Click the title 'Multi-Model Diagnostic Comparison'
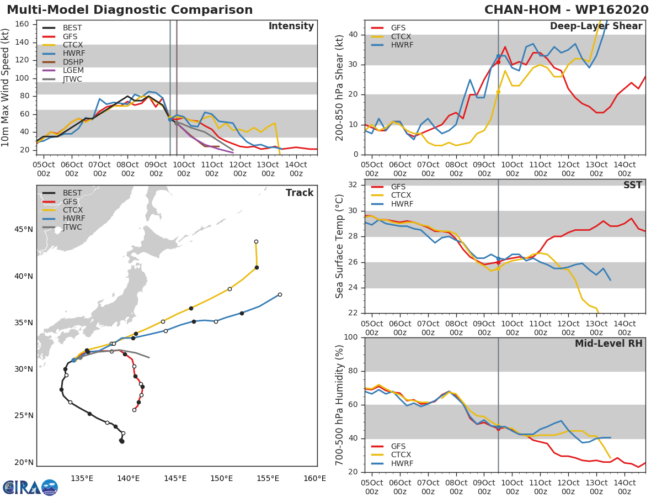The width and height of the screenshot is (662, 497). pyautogui.click(x=130, y=10)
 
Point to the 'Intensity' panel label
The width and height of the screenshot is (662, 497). pyautogui.click(x=291, y=27)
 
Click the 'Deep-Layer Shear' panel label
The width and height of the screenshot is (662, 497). pyautogui.click(x=596, y=27)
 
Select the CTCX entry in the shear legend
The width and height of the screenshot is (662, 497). pyautogui.click(x=400, y=36)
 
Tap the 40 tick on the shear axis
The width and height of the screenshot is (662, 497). pyautogui.click(x=354, y=35)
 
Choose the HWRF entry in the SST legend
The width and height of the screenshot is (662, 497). pyautogui.click(x=402, y=204)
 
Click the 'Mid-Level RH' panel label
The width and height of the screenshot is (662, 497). pyautogui.click(x=608, y=344)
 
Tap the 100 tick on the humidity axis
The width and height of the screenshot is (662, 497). pyautogui.click(x=352, y=337)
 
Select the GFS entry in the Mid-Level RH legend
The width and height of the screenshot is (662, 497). pyautogui.click(x=398, y=446)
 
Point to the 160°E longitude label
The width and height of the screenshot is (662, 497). pyautogui.click(x=314, y=479)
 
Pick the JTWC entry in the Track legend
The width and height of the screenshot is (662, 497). pyautogui.click(x=72, y=228)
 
